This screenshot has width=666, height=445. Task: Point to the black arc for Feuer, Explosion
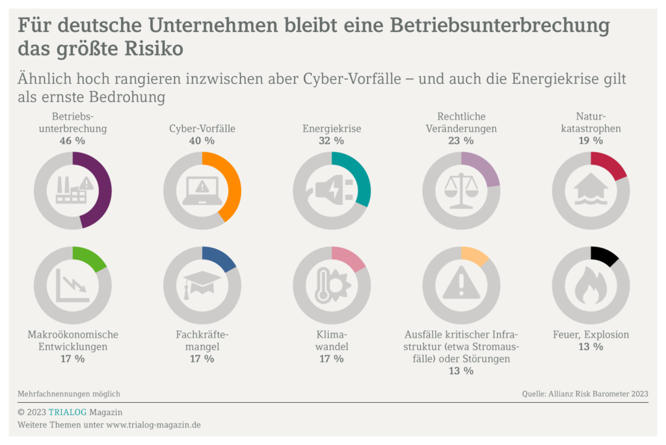[x=606, y=256]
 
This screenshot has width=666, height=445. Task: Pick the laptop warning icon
[x=202, y=191]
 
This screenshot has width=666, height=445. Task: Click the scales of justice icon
[x=460, y=190]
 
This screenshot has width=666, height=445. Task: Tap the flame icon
[x=591, y=286]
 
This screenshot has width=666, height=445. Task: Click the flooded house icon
[x=591, y=190]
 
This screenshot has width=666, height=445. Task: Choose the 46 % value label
[x=72, y=141]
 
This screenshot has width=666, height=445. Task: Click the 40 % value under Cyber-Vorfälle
[x=202, y=141]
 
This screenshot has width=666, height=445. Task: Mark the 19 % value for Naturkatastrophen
[x=591, y=141]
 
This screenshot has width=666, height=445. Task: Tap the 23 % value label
[x=460, y=141]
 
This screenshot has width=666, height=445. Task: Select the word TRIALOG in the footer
[x=70, y=412]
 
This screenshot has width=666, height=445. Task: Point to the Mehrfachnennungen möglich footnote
[x=69, y=394]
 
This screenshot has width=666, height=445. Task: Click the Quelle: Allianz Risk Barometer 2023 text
[x=585, y=394]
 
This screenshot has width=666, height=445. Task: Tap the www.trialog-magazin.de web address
[x=153, y=425]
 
